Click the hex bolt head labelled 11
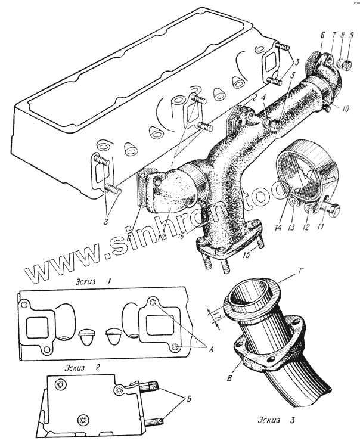[334, 210]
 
